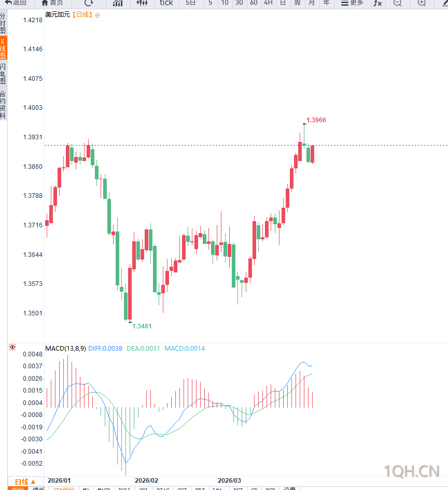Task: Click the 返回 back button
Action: point(16,3)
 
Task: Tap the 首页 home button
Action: point(52,3)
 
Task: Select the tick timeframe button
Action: point(166,3)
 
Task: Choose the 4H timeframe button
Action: point(268,3)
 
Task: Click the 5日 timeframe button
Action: point(191,3)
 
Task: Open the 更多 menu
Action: point(353,3)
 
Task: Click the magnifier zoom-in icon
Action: point(422,3)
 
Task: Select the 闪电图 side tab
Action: point(3,75)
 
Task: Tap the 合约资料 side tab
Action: point(3,104)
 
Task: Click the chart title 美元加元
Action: point(57,15)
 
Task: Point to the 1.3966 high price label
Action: point(316,120)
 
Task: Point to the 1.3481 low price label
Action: point(142,326)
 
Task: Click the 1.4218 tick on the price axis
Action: point(33,20)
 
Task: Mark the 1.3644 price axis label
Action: point(33,255)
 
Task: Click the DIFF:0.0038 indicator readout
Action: point(105,349)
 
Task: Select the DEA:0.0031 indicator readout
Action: point(143,349)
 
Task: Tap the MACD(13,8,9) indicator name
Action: point(65,349)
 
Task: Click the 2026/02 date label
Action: point(146,480)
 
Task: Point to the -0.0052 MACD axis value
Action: point(32,464)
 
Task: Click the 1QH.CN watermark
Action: point(412,471)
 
